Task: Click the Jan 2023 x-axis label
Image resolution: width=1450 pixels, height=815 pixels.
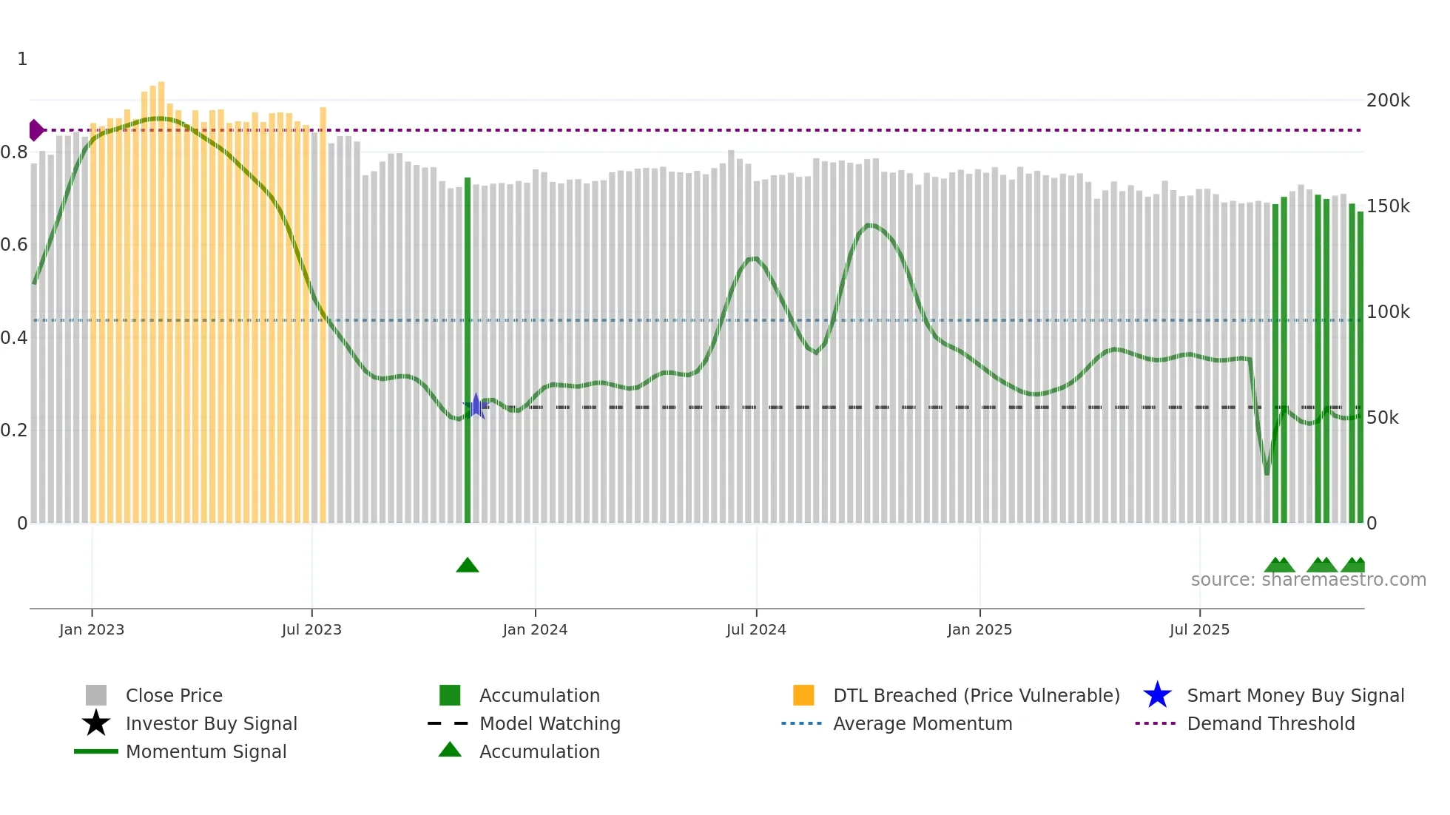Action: (92, 629)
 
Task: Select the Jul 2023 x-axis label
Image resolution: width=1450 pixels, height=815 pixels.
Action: (311, 629)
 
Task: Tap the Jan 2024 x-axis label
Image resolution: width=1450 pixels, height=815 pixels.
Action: (535, 629)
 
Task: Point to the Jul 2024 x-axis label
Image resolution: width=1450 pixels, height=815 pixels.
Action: (756, 629)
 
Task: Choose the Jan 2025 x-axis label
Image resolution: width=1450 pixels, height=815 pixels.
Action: (979, 629)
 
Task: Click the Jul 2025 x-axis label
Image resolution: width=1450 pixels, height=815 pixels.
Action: (1199, 629)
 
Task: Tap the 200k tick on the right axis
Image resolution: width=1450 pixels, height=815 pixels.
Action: (1388, 101)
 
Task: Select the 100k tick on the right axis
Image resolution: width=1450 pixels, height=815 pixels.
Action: (1388, 312)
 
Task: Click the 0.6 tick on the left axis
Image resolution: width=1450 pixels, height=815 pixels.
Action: (14, 245)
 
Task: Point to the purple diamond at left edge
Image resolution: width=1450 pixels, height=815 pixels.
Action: (36, 130)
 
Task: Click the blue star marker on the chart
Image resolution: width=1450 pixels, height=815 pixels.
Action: (476, 406)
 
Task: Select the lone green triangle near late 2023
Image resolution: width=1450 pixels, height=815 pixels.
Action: (468, 566)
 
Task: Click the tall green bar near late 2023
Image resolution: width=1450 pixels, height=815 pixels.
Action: (468, 348)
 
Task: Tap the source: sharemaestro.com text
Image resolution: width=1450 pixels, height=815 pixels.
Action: (1308, 580)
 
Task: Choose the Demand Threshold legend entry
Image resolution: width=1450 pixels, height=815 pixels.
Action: (1270, 723)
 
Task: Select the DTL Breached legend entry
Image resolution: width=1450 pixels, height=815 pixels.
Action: (976, 695)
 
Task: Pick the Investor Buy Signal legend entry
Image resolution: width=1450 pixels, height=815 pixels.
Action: (211, 723)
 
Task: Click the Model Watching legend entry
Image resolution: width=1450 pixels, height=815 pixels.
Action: (549, 723)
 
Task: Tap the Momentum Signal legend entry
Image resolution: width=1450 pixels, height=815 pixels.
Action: (206, 751)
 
